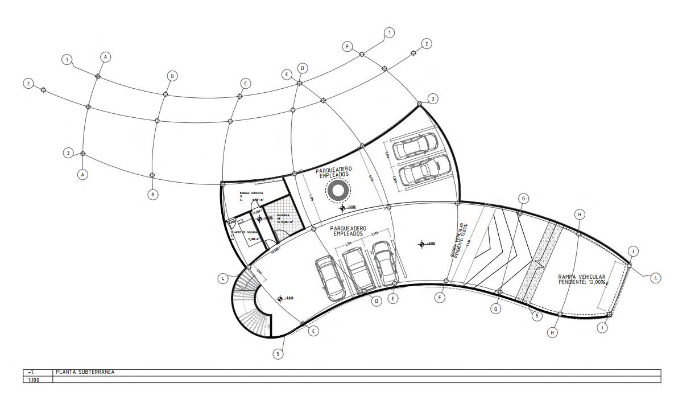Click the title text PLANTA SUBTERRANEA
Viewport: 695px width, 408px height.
pyautogui.click(x=85, y=372)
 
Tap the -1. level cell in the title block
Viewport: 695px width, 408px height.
pyautogui.click(x=32, y=372)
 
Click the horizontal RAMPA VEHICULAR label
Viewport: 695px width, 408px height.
pyautogui.click(x=581, y=279)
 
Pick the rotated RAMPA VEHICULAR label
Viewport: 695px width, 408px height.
pyautogui.click(x=460, y=240)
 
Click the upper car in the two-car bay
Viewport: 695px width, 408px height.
pyautogui.click(x=416, y=147)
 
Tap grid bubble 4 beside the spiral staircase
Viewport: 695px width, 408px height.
pyautogui.click(x=224, y=278)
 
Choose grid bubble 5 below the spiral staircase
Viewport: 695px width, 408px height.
pyautogui.click(x=278, y=354)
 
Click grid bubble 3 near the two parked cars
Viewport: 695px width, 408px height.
pyautogui.click(x=433, y=99)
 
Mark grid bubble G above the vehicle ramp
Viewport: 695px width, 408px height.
pyautogui.click(x=523, y=198)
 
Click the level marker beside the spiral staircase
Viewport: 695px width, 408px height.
pyautogui.click(x=280, y=298)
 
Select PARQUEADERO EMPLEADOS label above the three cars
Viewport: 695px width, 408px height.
pyautogui.click(x=351, y=230)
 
